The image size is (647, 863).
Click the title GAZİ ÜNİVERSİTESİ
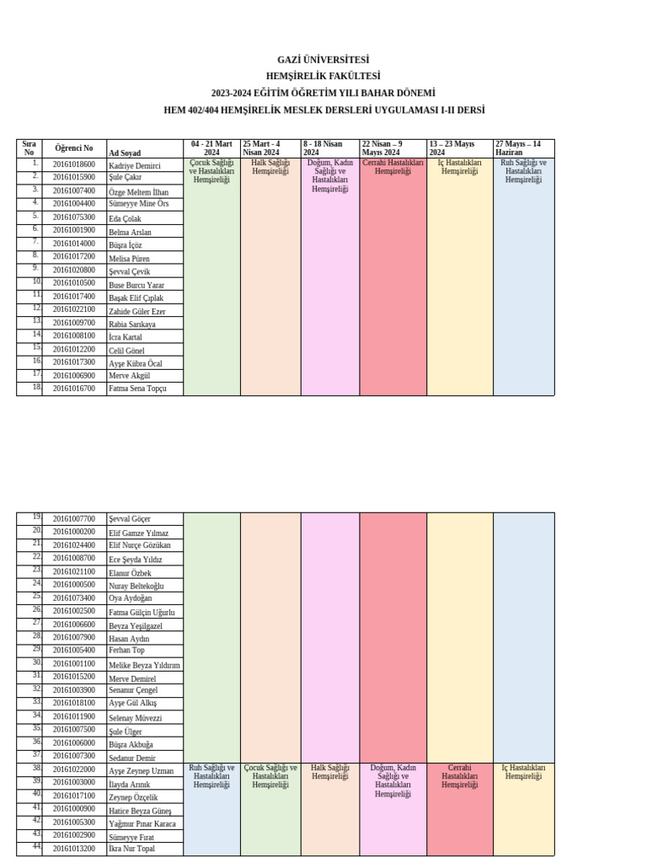coord(323,60)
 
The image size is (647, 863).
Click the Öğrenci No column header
coord(74,148)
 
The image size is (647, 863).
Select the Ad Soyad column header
coord(125,153)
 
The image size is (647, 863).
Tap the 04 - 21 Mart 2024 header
coord(211,148)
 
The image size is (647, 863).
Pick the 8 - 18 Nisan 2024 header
coord(323,148)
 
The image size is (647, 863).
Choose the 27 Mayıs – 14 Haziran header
coord(518,148)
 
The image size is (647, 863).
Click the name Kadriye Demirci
coord(135,166)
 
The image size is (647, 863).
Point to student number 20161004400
coord(74,204)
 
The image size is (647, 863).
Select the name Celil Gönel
coord(127,351)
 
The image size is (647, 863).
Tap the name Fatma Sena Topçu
coord(138,389)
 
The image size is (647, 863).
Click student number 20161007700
coord(74,519)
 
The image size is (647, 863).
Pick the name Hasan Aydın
coord(129,639)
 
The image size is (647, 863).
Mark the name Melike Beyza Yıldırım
coord(145,665)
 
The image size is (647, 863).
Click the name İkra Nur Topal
coord(132,849)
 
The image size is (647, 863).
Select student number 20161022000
coord(74,770)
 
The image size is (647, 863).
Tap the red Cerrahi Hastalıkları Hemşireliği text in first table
coord(393,167)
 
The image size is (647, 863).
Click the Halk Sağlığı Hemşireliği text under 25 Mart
coord(270,167)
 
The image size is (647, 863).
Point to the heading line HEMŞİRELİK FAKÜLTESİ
coord(323,77)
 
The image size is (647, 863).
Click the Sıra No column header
coord(29,148)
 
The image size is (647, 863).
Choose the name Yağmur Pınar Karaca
coord(142,823)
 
